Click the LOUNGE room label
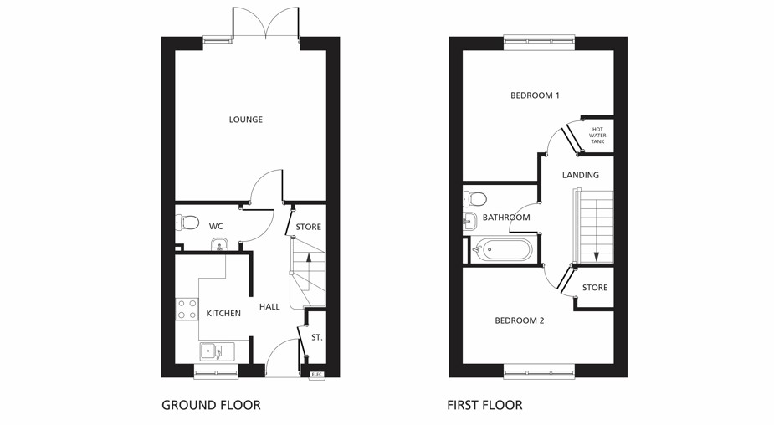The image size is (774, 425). [x=246, y=120]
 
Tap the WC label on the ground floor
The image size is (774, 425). [x=216, y=226]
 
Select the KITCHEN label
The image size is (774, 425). [x=223, y=314]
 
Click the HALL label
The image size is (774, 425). [x=269, y=307]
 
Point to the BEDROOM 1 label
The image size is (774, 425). [x=535, y=95]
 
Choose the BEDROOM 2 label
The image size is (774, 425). [x=519, y=320]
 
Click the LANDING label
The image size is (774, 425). [x=580, y=176]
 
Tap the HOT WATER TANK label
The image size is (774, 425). [x=597, y=136]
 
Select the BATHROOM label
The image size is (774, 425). [x=506, y=218]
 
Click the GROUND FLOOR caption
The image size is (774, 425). [x=211, y=405]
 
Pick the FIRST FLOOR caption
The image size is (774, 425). [x=484, y=405]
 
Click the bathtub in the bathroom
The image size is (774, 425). [x=502, y=249]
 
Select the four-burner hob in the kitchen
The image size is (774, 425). [x=187, y=309]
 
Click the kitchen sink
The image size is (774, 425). [x=213, y=351]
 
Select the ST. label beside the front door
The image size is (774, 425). [x=317, y=337]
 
